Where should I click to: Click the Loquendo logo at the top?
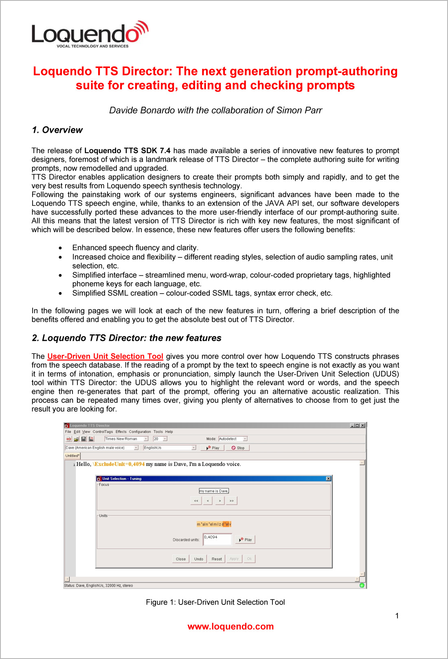(x=90, y=34)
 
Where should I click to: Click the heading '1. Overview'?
(x=57, y=130)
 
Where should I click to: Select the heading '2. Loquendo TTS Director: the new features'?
(x=126, y=338)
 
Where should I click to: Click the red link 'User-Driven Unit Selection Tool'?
(x=105, y=356)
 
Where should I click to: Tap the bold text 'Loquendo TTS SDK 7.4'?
(x=127, y=151)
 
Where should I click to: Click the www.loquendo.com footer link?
(x=231, y=626)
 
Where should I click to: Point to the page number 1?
(x=397, y=616)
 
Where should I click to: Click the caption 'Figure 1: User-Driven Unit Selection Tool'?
(x=215, y=602)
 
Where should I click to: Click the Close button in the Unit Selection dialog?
(x=180, y=559)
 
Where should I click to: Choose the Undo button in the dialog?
(x=198, y=559)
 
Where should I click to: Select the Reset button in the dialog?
(x=217, y=559)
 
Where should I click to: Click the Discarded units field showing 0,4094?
(x=217, y=539)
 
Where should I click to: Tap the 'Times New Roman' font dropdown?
(x=126, y=439)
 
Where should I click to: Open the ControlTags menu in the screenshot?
(x=103, y=432)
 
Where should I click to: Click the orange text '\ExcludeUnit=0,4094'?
(x=119, y=464)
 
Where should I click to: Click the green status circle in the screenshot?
(x=362, y=585)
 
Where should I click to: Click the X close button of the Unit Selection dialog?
(x=328, y=479)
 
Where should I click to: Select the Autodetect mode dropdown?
(x=233, y=439)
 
